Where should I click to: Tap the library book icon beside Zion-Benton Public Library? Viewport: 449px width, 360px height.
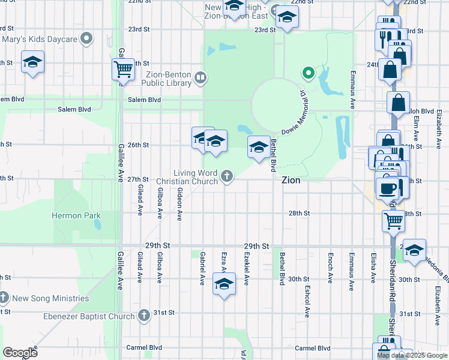pos(200,77)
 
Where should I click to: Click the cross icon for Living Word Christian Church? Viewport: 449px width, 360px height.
pos(226,176)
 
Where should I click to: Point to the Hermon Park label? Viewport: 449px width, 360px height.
pos(76,215)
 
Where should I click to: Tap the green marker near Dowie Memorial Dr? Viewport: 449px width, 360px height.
pos(309,74)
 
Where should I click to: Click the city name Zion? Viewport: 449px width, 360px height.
pos(291,180)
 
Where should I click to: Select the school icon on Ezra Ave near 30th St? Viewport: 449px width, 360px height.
pos(224,284)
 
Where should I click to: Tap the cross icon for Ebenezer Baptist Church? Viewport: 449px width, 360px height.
pos(143,315)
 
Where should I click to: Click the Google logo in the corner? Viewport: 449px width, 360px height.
pos(20,353)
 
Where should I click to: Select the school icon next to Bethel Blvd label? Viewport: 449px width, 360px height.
pos(259,146)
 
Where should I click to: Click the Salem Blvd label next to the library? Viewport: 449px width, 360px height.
pos(144,100)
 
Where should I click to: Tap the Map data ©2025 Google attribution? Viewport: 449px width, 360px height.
pos(412,355)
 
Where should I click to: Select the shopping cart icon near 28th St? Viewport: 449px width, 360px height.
pos(393,220)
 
